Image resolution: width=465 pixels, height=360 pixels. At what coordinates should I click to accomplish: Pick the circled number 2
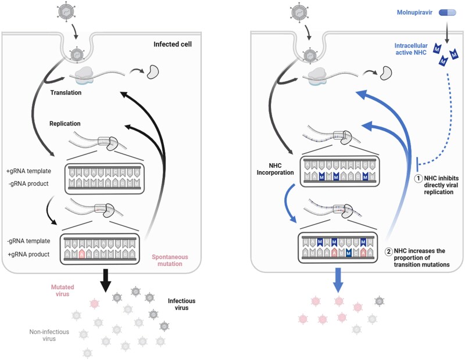pyautogui.click(x=389, y=251)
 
